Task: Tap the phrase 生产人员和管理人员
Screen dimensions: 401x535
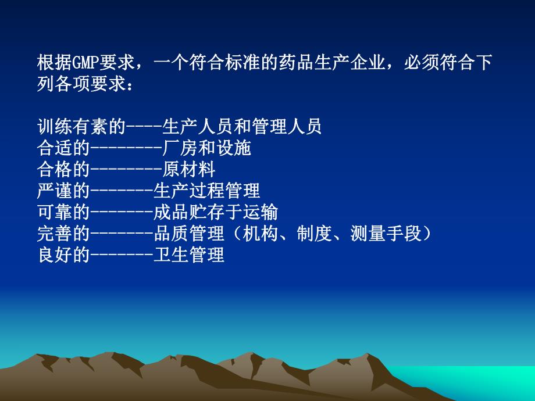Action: (x=242, y=127)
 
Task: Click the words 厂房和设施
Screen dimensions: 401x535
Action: (x=206, y=148)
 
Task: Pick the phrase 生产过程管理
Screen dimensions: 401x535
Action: (x=206, y=191)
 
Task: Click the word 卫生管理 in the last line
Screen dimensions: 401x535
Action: (x=189, y=255)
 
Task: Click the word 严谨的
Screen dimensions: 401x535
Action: (x=63, y=191)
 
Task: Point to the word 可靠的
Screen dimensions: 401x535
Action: (x=63, y=212)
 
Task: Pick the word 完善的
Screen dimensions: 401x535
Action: (x=63, y=234)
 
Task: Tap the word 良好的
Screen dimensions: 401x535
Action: (x=63, y=255)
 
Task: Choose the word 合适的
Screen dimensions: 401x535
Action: (x=63, y=148)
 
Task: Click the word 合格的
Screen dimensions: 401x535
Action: (x=63, y=170)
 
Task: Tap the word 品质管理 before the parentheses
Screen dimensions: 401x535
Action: (x=189, y=234)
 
